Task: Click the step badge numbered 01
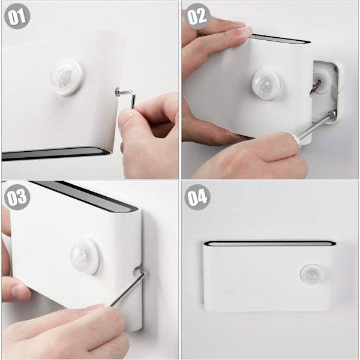point(17,16)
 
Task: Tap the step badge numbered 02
point(197,16)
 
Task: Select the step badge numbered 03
point(17,197)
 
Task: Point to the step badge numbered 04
point(197,197)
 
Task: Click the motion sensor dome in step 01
point(65,77)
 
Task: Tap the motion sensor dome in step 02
point(267,84)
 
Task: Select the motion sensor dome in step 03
point(85,256)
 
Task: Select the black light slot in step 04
point(270,244)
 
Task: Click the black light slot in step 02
point(280,38)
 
